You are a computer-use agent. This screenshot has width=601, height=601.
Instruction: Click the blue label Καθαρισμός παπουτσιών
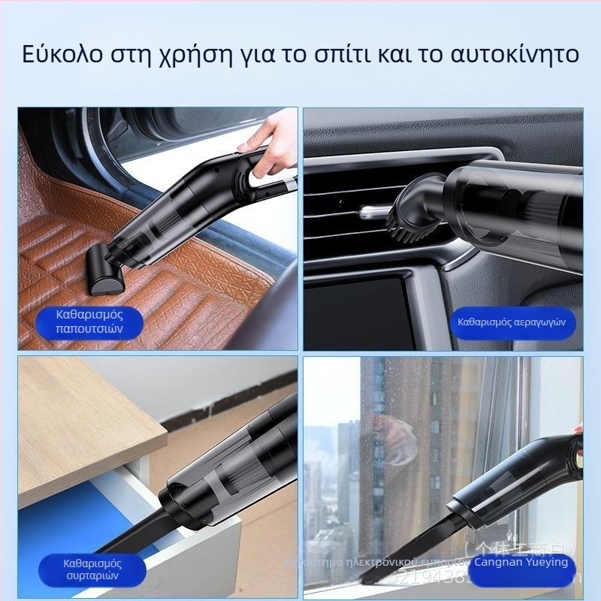tap(89, 321)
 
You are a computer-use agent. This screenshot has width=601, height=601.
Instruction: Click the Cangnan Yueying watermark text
tap(521, 562)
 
